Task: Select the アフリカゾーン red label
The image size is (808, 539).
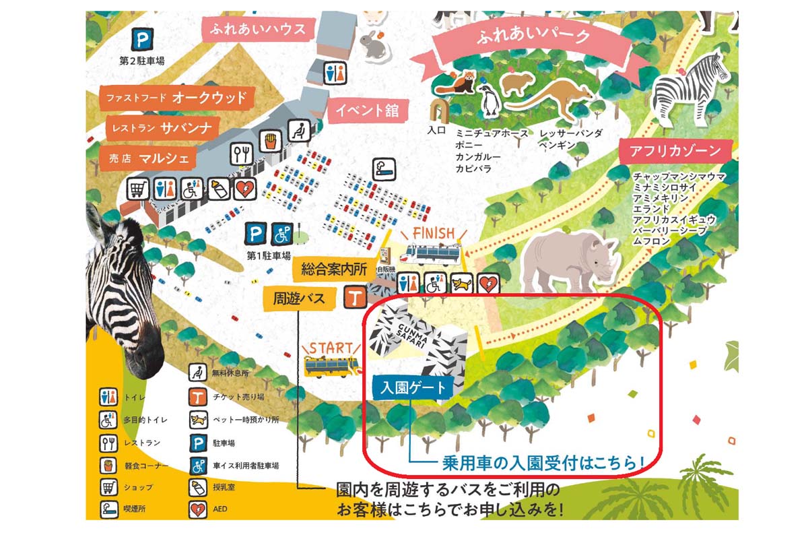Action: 675,151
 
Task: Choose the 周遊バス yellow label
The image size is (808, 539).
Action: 300,297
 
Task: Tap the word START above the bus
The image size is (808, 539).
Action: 331,348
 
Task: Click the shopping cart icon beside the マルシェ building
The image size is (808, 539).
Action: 137,189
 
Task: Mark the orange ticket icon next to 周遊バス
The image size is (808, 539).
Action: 355,296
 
